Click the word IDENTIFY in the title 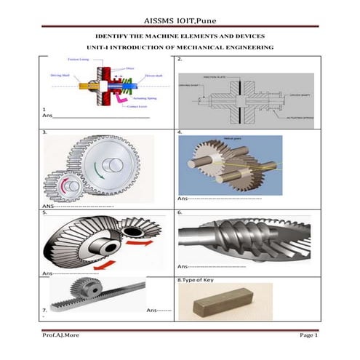point(115,36)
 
